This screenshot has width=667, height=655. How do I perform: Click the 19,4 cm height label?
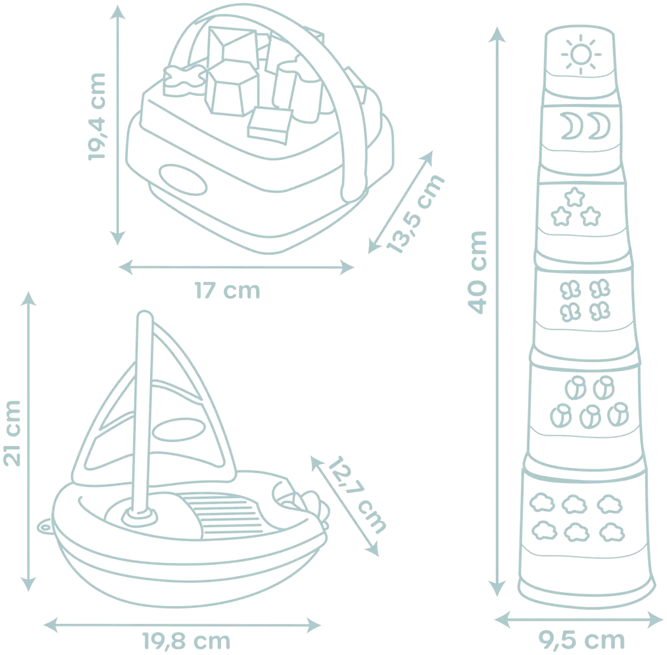pos(96,116)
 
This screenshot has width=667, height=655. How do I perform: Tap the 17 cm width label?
pos(227,291)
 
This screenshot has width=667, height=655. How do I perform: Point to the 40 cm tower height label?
pos(477,272)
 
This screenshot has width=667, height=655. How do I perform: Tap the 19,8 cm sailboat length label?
pos(186,641)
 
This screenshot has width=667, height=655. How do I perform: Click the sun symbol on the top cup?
pos(581,55)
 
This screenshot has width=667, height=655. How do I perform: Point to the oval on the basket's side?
pos(183,179)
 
